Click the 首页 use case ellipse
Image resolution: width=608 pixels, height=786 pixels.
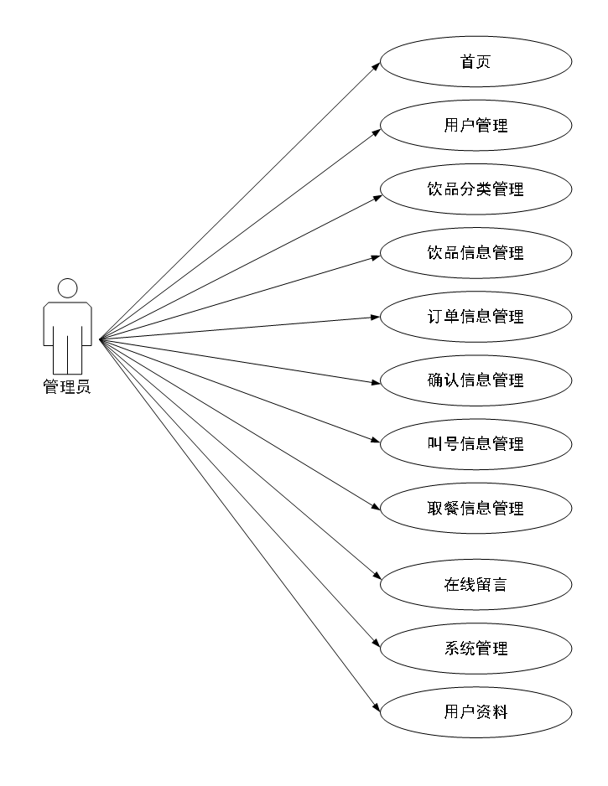475,61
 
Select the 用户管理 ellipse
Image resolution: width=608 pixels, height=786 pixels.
475,126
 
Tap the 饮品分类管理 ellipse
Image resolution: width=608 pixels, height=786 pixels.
475,189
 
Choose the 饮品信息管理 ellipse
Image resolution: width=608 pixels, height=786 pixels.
475,253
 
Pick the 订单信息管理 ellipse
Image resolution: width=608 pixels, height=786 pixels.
475,317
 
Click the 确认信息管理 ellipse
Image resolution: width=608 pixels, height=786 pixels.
475,380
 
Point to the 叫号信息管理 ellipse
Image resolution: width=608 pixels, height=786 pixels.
475,444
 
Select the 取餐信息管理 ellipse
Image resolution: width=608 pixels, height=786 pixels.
475,508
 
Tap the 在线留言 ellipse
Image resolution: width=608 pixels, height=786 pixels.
475,584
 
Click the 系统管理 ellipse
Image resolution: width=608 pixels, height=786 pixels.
475,648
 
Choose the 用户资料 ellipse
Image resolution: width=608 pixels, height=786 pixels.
475,712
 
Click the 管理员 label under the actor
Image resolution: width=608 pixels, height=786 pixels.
67,387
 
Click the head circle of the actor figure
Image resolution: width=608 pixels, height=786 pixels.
67,288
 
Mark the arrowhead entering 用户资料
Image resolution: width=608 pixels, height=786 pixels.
377,709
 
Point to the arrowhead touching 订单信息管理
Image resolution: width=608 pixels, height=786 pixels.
376,317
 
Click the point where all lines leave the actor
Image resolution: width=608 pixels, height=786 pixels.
100,339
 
